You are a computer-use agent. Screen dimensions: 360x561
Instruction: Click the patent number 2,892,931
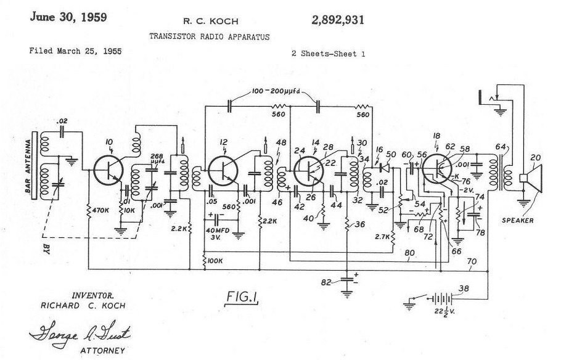tap(333, 20)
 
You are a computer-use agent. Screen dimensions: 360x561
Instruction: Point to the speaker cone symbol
tap(534, 178)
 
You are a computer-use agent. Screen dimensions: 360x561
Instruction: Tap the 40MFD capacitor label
tap(220, 231)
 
